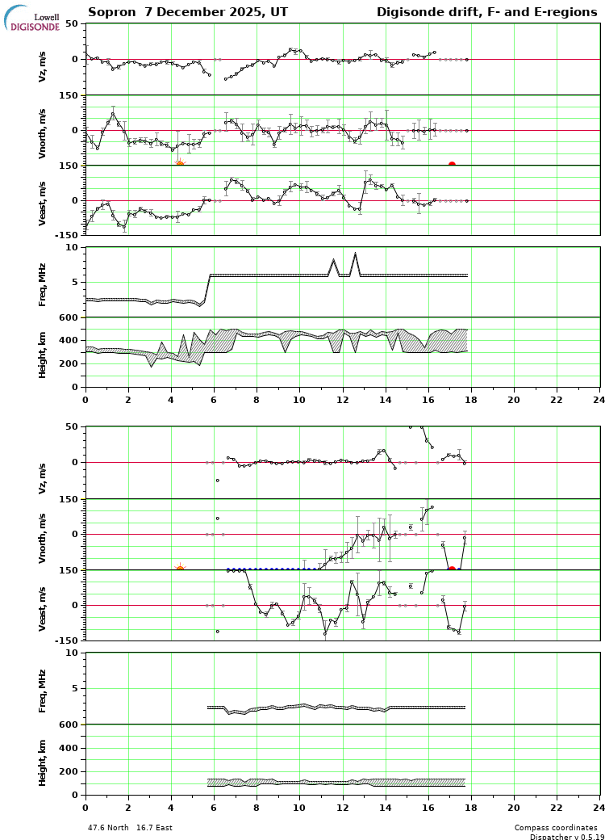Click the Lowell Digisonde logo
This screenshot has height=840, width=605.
pyautogui.click(x=32, y=19)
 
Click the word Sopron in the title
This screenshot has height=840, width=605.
pyautogui.click(x=109, y=13)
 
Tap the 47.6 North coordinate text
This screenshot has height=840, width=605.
pyautogui.click(x=108, y=828)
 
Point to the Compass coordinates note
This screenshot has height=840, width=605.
pyautogui.click(x=556, y=828)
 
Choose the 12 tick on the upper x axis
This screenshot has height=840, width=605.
pyautogui.click(x=343, y=399)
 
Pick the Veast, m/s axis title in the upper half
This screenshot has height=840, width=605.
pyautogui.click(x=43, y=200)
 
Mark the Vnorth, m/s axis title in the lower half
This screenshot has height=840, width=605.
pyautogui.click(x=43, y=535)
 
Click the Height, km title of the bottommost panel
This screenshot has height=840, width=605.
pyautogui.click(x=43, y=761)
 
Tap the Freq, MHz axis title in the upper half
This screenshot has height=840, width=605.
pyautogui.click(x=43, y=283)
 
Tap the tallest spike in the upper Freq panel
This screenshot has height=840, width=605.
pyautogui.click(x=355, y=254)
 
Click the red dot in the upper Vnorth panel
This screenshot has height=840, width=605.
pyautogui.click(x=452, y=165)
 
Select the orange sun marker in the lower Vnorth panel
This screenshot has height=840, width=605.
pyautogui.click(x=180, y=569)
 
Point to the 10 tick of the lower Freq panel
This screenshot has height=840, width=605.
pyautogui.click(x=72, y=653)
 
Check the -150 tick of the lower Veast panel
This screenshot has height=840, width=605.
pyautogui.click(x=66, y=640)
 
